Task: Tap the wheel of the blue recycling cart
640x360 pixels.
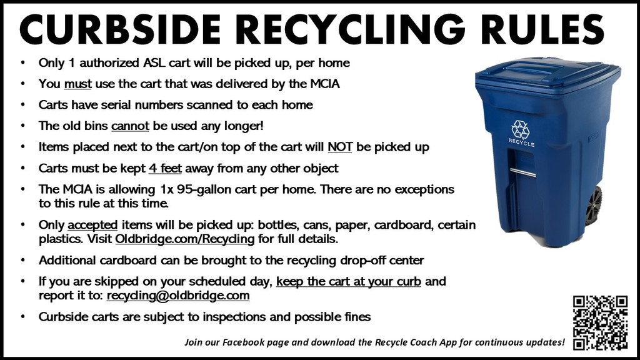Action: point(594,206)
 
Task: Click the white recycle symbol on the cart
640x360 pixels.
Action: point(520,129)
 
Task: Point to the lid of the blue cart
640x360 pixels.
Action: point(547,74)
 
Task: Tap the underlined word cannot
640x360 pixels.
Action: point(130,126)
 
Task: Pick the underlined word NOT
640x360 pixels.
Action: point(339,147)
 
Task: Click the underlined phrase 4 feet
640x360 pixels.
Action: point(165,168)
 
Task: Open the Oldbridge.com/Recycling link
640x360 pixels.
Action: point(184,239)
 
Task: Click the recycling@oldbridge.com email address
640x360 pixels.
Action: point(178,295)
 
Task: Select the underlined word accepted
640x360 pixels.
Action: point(92,224)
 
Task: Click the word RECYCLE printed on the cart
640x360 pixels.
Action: point(521,144)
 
